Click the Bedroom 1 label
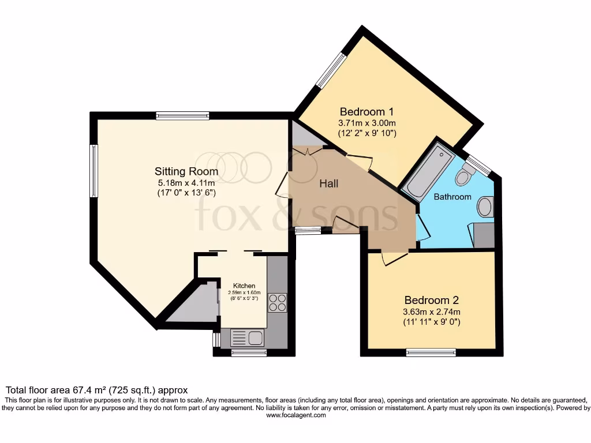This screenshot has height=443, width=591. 366,111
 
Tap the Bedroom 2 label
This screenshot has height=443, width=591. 432,300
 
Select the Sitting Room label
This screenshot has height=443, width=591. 186,171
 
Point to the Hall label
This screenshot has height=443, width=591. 328,183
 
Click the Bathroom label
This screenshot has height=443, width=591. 452,197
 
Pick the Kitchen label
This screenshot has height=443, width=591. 244,286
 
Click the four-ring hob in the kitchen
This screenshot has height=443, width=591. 278,303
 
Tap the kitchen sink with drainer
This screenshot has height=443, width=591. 246,337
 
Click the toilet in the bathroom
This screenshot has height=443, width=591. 465,175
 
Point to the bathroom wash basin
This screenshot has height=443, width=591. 485,207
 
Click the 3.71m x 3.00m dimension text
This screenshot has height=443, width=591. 366,123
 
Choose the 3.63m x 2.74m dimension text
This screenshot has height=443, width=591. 432,312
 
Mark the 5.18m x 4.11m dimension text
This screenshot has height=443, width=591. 186,183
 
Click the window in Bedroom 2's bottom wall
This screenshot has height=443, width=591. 431,353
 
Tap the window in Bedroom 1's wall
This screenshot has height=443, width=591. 331,70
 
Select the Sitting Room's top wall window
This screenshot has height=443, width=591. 183,115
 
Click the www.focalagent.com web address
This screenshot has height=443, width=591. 296,415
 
